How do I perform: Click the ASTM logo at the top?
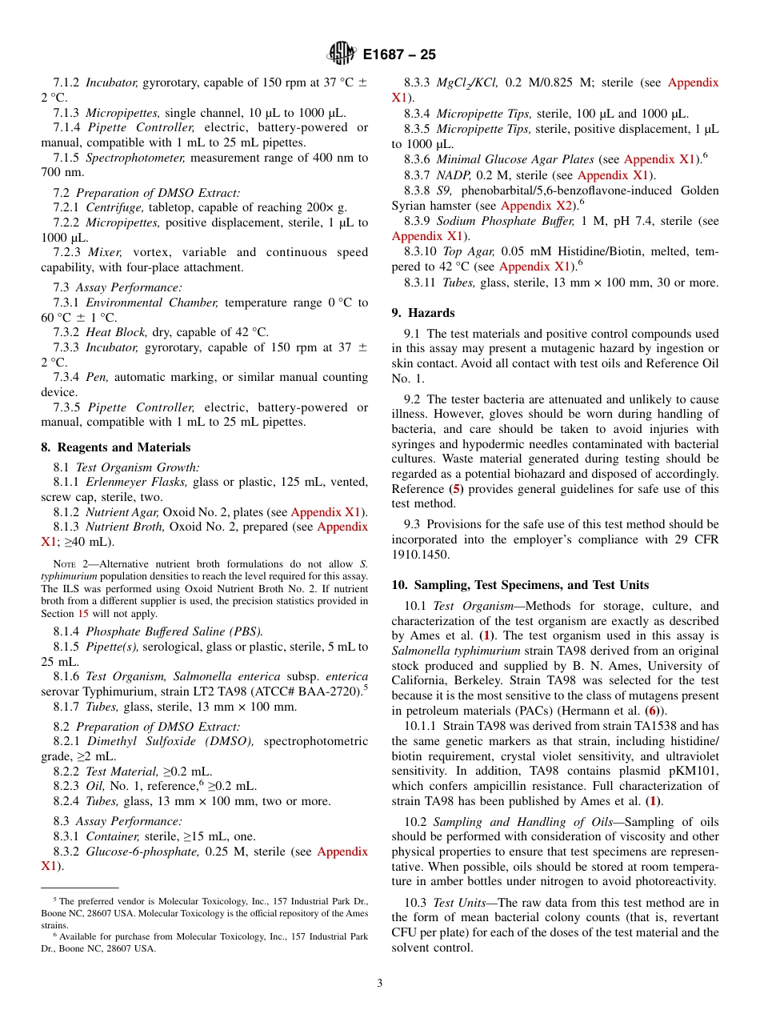(x=342, y=54)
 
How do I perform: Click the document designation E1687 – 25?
(x=399, y=55)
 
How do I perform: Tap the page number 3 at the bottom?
(x=380, y=983)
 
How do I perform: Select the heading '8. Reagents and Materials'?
(x=116, y=447)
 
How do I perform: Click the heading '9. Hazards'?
(x=423, y=313)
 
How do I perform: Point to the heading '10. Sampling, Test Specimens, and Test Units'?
(x=520, y=584)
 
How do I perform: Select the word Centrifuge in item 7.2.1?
(x=111, y=208)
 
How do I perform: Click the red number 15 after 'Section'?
(x=82, y=614)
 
